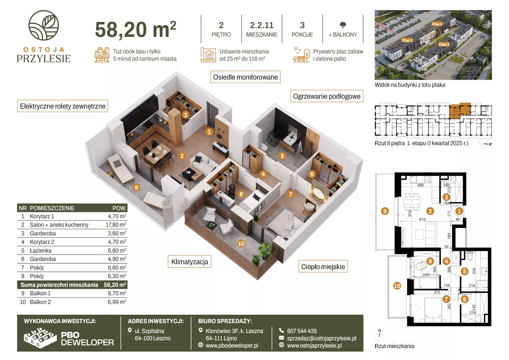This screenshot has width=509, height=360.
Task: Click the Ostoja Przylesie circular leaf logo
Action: [x=44, y=26]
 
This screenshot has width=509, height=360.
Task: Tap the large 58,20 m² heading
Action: [x=136, y=29]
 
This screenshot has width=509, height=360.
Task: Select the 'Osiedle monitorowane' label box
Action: [x=245, y=77]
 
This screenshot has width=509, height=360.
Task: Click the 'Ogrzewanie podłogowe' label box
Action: [x=327, y=96]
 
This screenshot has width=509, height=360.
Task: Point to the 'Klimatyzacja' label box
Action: [x=190, y=262]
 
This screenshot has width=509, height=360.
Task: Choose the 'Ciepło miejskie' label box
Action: [x=323, y=267]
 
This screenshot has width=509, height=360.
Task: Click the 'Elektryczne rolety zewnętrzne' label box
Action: [x=63, y=106]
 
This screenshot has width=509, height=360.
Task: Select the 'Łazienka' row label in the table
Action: [x=41, y=251]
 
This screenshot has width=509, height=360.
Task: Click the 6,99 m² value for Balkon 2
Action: [x=117, y=302]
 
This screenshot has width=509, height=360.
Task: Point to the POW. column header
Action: [x=119, y=208]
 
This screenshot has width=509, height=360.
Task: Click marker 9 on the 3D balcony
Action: [x=136, y=188]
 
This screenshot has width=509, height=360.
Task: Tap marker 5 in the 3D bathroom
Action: [x=282, y=156]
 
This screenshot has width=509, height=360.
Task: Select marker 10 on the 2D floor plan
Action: [x=397, y=286]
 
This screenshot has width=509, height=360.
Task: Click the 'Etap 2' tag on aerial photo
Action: [x=407, y=40]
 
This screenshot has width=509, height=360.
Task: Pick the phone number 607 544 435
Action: [x=302, y=331]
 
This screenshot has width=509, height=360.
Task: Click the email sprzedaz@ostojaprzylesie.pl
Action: [x=322, y=338]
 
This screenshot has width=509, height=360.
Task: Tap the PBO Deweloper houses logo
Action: [x=40, y=338]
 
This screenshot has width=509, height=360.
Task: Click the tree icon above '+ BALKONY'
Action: [x=343, y=25]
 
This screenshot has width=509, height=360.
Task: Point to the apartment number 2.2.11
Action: [x=262, y=25]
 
